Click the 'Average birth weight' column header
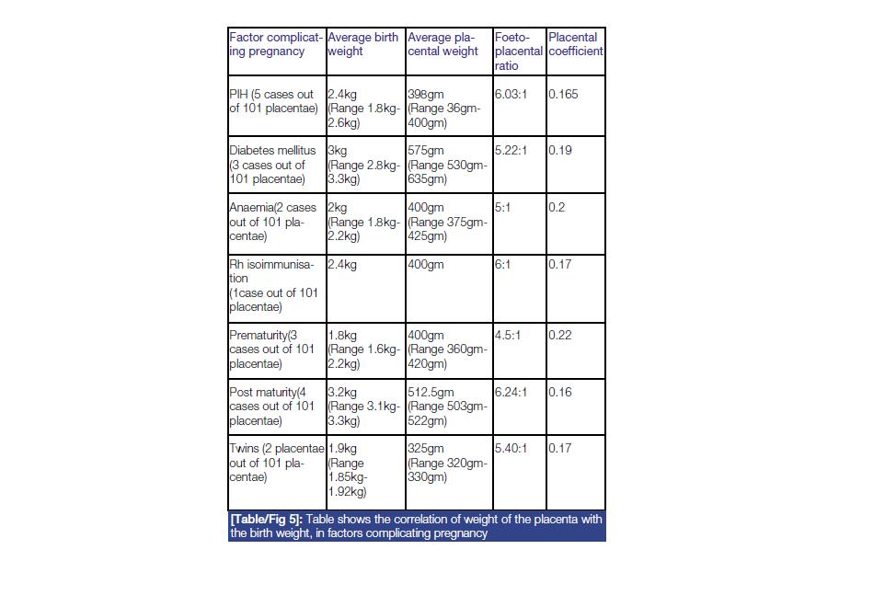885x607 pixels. [363, 45]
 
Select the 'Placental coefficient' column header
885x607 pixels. [575, 45]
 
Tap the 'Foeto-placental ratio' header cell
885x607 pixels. [519, 52]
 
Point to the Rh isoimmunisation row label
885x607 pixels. [273, 285]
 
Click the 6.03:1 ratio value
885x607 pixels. [511, 95]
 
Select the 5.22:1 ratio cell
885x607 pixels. [511, 151]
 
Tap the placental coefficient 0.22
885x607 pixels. [560, 336]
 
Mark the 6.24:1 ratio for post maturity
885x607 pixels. [511, 393]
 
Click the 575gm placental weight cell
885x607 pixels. [425, 151]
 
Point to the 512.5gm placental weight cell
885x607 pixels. [431, 393]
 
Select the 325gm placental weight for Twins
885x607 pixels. [425, 449]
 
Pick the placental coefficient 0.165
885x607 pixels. [563, 95]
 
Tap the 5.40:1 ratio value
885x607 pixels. [511, 449]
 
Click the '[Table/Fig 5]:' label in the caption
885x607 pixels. [267, 520]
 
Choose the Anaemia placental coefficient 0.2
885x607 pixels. [557, 208]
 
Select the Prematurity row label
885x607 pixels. [273, 349]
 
